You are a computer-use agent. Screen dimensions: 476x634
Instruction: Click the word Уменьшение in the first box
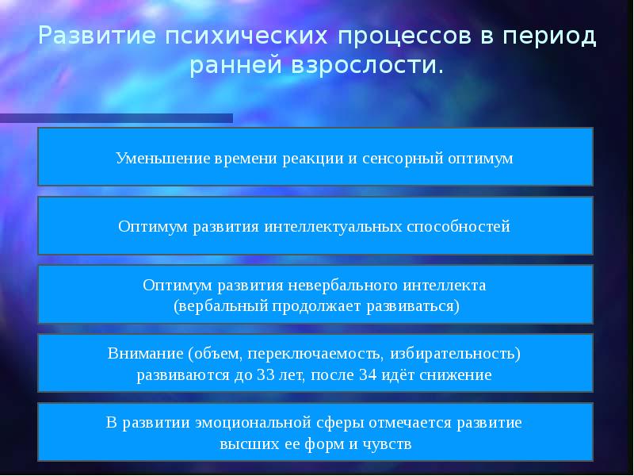[x=162, y=158]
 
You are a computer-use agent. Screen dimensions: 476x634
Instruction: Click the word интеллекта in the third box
[x=445, y=285]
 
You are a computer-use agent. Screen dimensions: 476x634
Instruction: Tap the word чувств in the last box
[x=388, y=443]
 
